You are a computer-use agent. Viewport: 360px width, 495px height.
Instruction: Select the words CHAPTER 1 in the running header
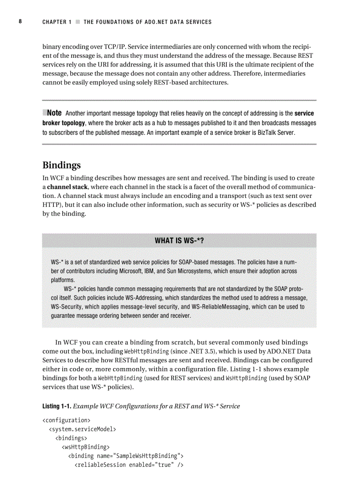click(x=57, y=22)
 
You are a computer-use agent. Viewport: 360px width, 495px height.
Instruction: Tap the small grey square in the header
click(x=78, y=22)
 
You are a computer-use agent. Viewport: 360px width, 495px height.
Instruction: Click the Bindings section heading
click(x=61, y=165)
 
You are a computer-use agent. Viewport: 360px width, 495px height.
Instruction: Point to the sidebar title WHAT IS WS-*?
click(x=179, y=240)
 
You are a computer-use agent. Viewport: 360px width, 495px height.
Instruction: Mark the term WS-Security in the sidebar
click(x=68, y=307)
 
